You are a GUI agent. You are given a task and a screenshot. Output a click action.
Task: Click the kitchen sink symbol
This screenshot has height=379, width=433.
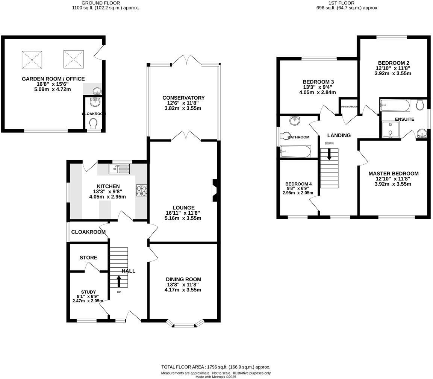(x=119, y=169)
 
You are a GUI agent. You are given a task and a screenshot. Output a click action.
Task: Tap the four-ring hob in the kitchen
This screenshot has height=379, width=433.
(x=141, y=190)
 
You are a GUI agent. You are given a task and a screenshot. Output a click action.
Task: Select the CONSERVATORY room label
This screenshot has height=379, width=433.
(x=183, y=98)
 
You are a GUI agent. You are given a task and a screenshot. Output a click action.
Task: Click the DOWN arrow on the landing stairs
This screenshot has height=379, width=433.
(x=329, y=154)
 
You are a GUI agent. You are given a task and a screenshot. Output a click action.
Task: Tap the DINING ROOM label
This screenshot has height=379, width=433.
(x=183, y=279)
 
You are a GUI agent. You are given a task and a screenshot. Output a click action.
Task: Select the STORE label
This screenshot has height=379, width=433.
(x=88, y=258)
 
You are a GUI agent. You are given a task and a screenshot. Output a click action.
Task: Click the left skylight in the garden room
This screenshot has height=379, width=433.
(x=32, y=59)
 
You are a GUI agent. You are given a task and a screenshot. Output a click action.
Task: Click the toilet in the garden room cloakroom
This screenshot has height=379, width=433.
(x=93, y=123)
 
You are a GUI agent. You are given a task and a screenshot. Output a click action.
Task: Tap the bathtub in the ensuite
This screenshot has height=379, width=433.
(x=395, y=105)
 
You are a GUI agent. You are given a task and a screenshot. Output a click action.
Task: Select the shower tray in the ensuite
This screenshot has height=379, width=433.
(x=390, y=130)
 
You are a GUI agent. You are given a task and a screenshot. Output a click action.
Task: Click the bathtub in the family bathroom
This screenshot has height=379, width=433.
(x=295, y=152)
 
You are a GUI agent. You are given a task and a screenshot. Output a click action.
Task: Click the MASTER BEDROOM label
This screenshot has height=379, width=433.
(x=393, y=173)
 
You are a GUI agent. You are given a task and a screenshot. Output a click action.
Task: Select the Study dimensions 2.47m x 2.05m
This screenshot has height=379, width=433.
(x=88, y=301)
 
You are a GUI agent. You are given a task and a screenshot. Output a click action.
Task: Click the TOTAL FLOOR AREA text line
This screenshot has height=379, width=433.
(x=216, y=367)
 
